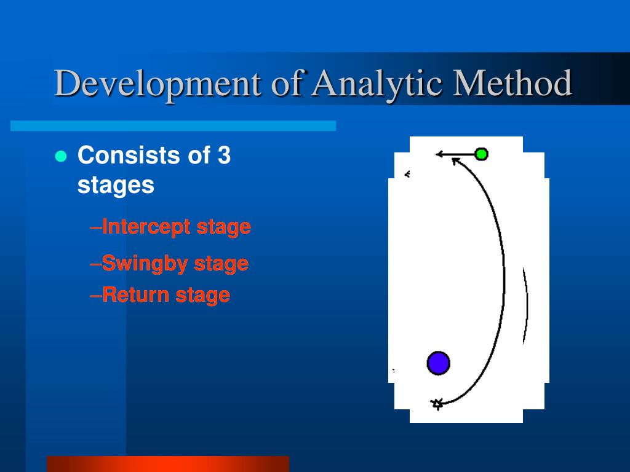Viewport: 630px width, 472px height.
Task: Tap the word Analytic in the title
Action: pos(377,84)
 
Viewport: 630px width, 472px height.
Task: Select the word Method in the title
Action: pos(512,83)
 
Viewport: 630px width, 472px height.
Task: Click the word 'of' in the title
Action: pos(287,83)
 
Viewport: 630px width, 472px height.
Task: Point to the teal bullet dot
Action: pos(61,156)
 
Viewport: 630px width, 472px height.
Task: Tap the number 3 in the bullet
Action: pos(224,155)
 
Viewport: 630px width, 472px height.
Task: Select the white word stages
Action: pos(116,185)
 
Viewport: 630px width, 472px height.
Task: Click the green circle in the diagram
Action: pos(481,154)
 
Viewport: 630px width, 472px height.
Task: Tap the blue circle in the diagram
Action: pos(438,363)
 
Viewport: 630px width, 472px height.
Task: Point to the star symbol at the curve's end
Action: pos(437,404)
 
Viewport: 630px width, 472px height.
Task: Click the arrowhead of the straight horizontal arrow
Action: pos(439,154)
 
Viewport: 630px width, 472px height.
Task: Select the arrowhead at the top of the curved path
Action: pos(455,161)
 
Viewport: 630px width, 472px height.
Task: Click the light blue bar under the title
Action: pos(173,125)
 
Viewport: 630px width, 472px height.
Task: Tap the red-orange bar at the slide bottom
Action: pos(168,464)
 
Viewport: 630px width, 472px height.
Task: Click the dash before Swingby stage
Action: pos(95,264)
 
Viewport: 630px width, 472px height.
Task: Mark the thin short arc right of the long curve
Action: pos(526,305)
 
